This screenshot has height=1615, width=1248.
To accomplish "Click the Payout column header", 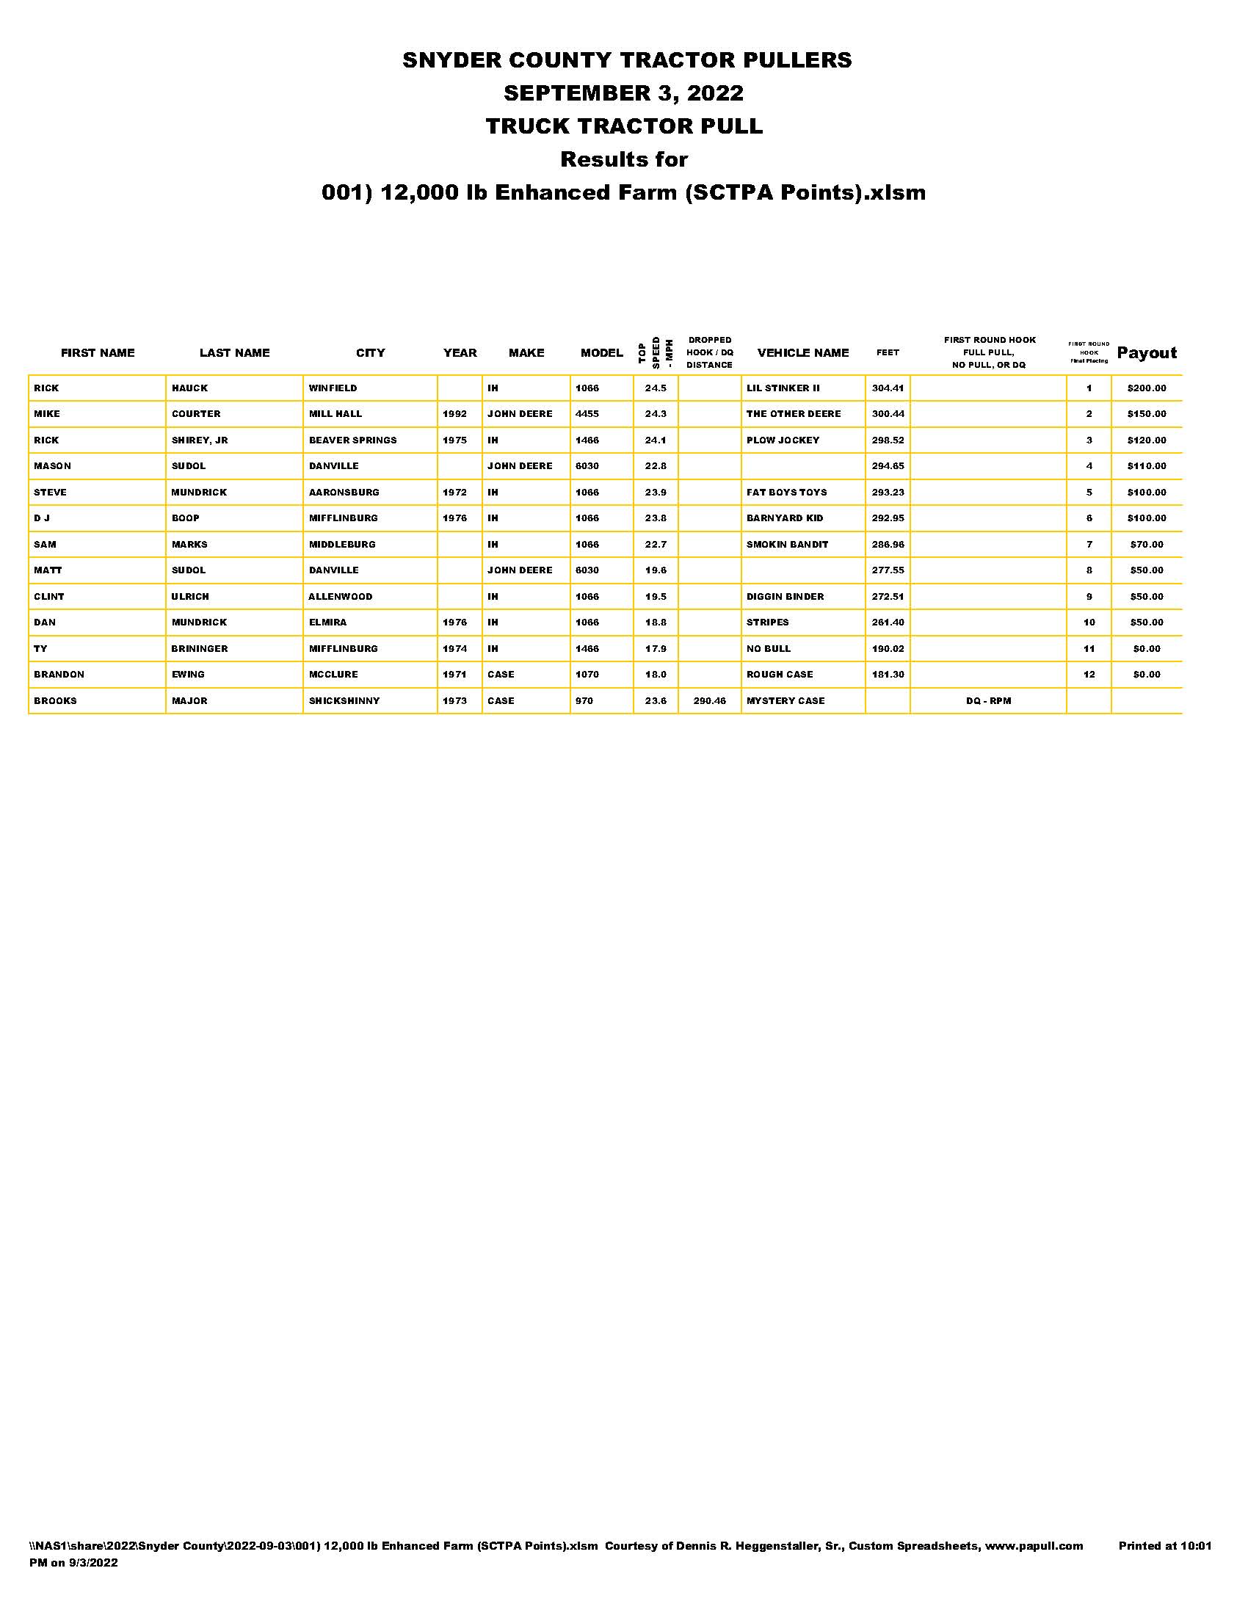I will [1146, 352].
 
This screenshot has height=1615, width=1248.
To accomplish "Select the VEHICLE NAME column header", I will [802, 352].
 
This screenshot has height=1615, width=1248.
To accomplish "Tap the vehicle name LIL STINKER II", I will [783, 388].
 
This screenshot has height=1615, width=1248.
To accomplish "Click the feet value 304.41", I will [888, 388].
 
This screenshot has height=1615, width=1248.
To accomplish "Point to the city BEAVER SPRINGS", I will [352, 440].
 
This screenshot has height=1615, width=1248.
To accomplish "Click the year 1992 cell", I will [454, 414].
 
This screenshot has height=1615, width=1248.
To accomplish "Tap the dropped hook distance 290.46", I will [709, 700].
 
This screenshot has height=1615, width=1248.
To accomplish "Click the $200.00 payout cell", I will [1146, 388].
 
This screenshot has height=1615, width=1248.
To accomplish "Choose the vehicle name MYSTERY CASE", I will [786, 700].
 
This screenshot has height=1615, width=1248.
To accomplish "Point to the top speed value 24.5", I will [656, 388].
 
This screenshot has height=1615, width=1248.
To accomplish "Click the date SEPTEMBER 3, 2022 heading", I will [623, 93].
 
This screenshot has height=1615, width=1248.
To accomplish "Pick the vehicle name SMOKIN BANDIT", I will [787, 544].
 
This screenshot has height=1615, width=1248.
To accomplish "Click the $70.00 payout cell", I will [1146, 544].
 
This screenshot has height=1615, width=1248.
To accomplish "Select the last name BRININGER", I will [200, 648].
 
